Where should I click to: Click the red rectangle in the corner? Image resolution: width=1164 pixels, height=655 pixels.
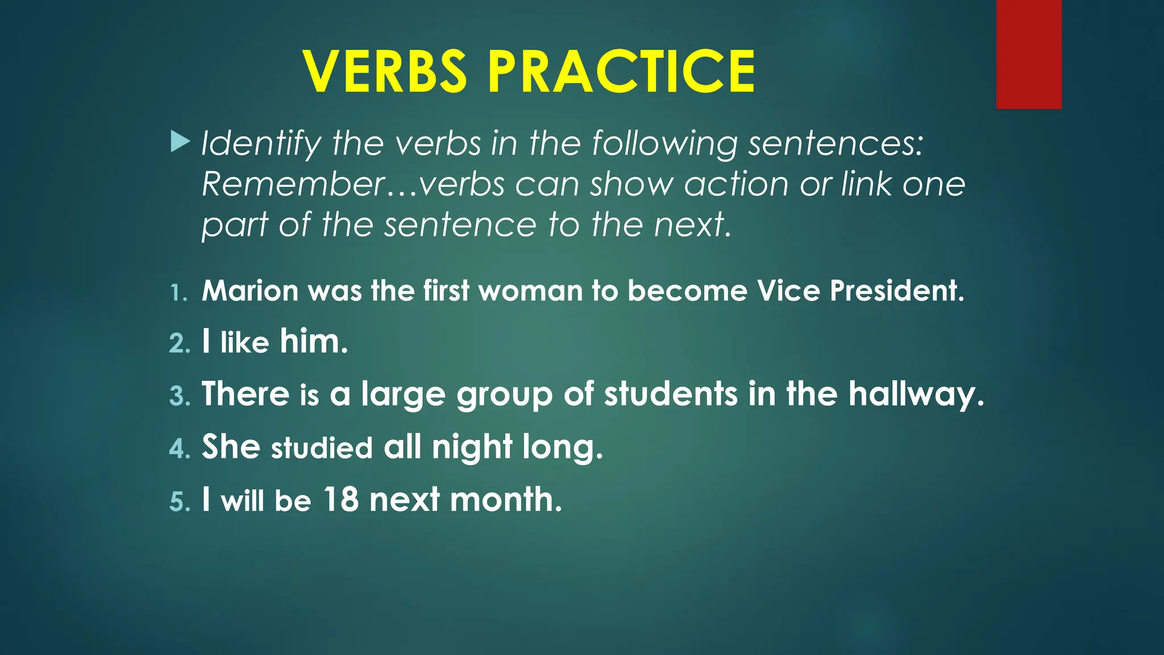tap(1029, 55)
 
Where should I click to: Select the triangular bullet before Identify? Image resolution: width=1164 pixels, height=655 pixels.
tap(180, 142)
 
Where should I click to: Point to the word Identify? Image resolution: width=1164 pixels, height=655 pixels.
tap(261, 143)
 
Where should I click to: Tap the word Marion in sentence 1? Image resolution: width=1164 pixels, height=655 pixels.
tap(250, 291)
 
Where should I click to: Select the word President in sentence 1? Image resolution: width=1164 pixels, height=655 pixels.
tap(896, 291)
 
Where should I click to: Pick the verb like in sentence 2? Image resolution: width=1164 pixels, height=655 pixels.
tap(244, 342)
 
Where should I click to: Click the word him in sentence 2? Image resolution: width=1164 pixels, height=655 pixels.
tap(313, 341)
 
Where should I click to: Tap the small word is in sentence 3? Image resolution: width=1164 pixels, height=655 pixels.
tap(309, 394)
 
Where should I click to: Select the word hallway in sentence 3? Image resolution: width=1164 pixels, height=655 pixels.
tap(916, 394)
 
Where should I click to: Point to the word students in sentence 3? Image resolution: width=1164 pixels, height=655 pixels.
tap(671, 394)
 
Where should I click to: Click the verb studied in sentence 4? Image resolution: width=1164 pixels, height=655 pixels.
tap(322, 448)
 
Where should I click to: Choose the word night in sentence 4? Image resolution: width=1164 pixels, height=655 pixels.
tap(472, 447)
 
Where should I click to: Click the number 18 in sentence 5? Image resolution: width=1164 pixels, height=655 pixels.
tap(341, 499)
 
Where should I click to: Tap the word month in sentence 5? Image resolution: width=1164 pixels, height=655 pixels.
tap(505, 499)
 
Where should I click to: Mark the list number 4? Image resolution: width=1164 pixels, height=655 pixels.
tap(179, 449)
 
